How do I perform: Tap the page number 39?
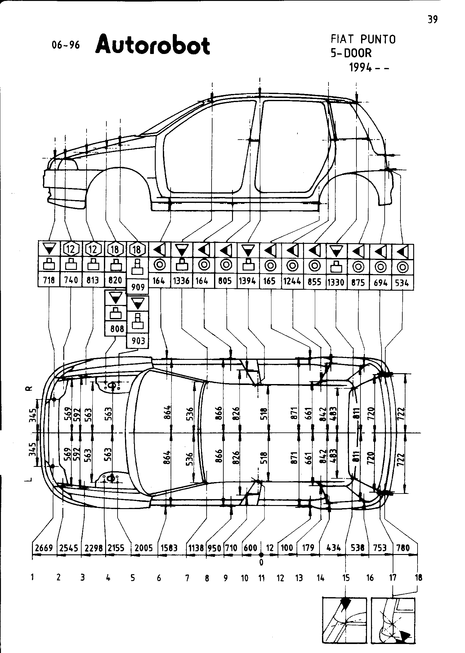point(432,20)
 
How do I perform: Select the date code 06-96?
point(66,45)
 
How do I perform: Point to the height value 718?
point(49,280)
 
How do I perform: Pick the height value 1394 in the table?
point(248,281)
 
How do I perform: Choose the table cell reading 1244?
point(293,281)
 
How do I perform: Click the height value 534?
point(402,283)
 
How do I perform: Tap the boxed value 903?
point(138,341)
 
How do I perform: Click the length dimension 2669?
point(44,548)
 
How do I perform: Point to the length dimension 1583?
point(169,548)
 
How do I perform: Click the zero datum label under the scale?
point(262,562)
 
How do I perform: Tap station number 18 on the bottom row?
point(418,578)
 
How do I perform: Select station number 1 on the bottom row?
point(32,577)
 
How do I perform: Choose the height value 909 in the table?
point(138,287)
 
